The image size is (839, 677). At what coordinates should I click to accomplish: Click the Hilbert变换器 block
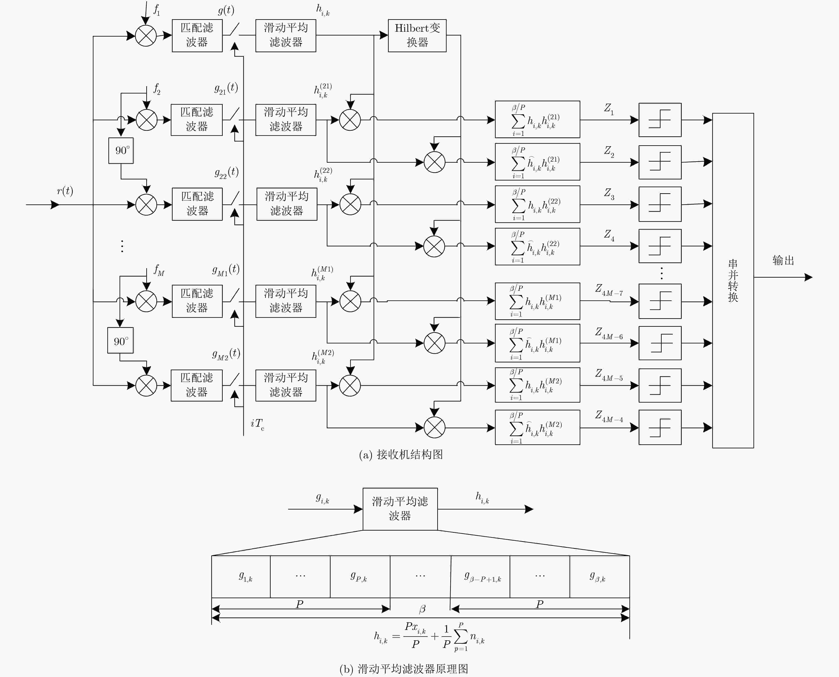pyautogui.click(x=417, y=36)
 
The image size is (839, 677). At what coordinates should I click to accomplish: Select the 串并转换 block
pyautogui.click(x=733, y=280)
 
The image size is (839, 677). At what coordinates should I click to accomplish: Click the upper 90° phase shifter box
pyautogui.click(x=121, y=150)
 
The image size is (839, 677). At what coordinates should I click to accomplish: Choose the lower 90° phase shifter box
pyautogui.click(x=121, y=340)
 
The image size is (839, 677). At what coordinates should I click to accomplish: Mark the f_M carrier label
pyautogui.click(x=159, y=270)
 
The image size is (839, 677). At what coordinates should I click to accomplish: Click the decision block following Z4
pyautogui.click(x=660, y=246)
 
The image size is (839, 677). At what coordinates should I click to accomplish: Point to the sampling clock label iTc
pyautogui.click(x=257, y=424)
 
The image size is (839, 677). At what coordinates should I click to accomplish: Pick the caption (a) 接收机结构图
pyautogui.click(x=401, y=454)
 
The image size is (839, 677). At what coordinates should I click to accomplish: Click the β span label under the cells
pyautogui.click(x=422, y=609)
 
